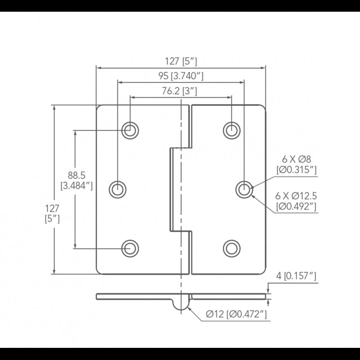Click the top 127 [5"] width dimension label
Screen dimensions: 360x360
point(181,61)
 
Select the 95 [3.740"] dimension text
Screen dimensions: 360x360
point(181,76)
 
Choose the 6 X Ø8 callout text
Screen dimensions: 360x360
point(297,164)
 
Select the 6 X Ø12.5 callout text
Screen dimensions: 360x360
point(297,201)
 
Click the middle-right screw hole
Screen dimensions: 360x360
point(243,189)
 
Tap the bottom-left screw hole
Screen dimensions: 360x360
point(130,247)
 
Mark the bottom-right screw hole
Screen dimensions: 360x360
point(231,247)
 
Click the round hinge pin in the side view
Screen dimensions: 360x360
point(181,303)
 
